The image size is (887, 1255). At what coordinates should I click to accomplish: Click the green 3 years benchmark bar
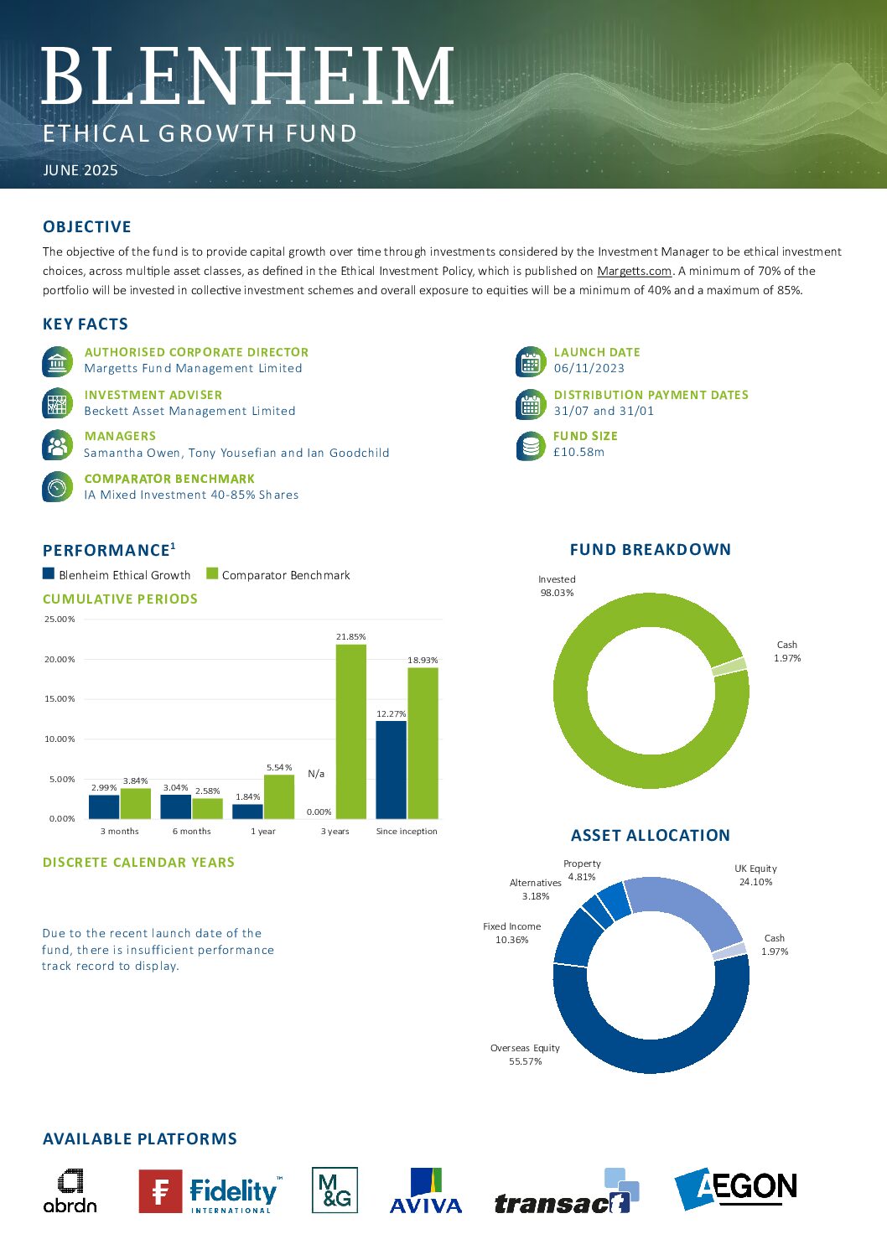[x=350, y=731]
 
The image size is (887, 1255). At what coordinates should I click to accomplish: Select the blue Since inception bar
[x=392, y=770]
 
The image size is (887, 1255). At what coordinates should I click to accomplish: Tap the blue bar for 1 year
[x=247, y=812]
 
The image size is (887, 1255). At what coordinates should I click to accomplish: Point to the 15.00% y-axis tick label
[x=60, y=698]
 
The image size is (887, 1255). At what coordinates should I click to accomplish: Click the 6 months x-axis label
[x=192, y=831]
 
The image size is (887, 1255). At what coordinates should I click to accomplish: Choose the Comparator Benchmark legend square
[x=212, y=573]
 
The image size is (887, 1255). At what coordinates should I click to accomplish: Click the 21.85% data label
[x=350, y=636]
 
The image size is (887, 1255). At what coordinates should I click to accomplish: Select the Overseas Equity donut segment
[x=650, y=1048]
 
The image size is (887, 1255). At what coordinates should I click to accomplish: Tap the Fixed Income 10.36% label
[x=511, y=933]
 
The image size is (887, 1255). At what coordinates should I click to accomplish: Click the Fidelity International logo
[x=210, y=1190]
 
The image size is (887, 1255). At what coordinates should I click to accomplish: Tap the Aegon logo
[x=735, y=1188]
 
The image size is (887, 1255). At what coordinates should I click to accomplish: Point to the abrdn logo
[x=70, y=1190]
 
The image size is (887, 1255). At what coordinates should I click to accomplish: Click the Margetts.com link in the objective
[x=635, y=271]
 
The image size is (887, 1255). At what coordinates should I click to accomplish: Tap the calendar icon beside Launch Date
[x=530, y=362]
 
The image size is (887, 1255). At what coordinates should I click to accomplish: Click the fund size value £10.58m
[x=578, y=452]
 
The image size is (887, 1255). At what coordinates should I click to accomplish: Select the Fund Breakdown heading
[x=651, y=550]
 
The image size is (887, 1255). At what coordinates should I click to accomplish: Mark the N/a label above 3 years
[x=316, y=774]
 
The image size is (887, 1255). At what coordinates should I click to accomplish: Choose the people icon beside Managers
[x=57, y=445]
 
